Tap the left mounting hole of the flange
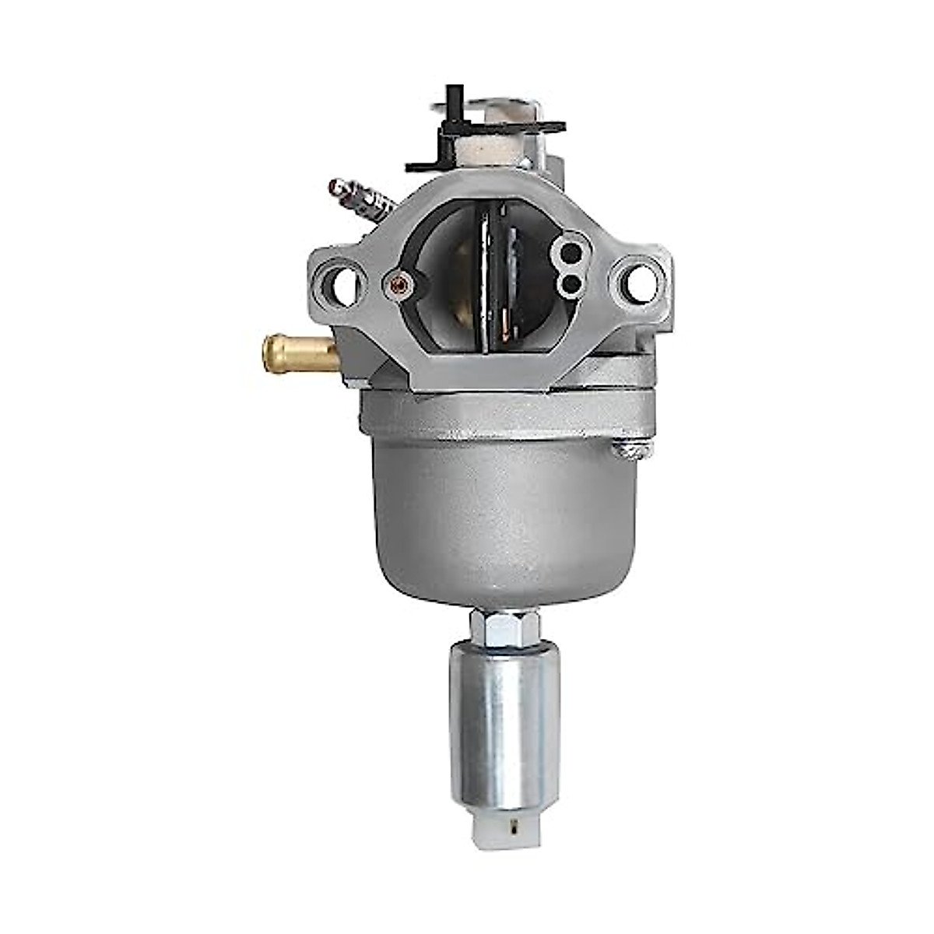342,286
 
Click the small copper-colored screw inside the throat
399,282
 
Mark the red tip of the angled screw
337,186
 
